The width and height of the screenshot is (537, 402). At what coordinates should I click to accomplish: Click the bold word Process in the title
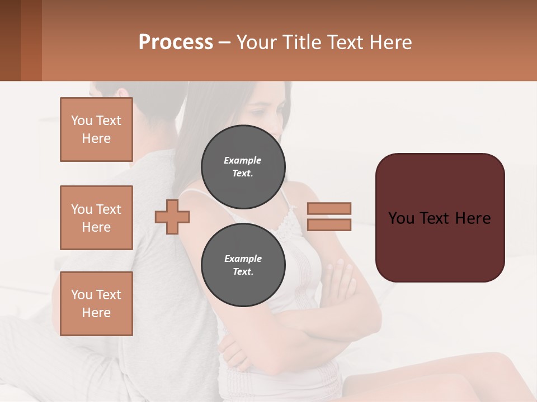176,42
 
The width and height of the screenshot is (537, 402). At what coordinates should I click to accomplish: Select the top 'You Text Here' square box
96,130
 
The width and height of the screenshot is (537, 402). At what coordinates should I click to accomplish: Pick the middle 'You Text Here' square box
96,218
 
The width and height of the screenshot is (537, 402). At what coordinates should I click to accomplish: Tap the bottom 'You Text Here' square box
96,304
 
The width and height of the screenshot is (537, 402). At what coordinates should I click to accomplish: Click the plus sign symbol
172,217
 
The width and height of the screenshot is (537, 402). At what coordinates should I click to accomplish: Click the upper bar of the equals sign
329,208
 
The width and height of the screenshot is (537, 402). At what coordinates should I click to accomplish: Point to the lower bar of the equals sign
329,224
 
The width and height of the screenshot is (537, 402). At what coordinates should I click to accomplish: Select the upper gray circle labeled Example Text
243,166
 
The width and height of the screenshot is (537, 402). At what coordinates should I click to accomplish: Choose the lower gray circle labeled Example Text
243,265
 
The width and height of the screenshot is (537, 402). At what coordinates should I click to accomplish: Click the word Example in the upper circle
242,160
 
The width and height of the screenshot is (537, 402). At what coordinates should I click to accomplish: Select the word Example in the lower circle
243,259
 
